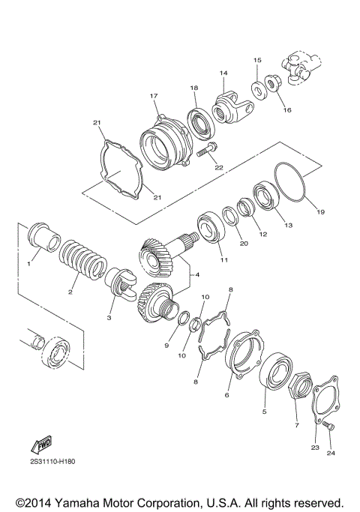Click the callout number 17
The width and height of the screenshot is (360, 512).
pyautogui.click(x=153, y=96)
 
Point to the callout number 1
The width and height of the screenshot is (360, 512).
pyautogui.click(x=30, y=265)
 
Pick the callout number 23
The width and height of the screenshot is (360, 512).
pyautogui.click(x=315, y=448)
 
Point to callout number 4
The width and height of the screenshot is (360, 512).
pyautogui.click(x=197, y=276)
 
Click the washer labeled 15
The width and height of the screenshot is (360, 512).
pyautogui.click(x=256, y=89)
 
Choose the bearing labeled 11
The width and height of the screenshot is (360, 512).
pyautogui.click(x=212, y=229)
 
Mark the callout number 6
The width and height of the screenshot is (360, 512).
pyautogui.click(x=228, y=394)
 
